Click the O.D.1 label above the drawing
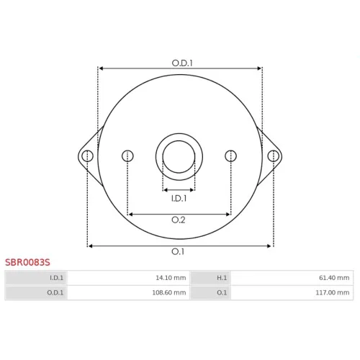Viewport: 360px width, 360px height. pos(182,63)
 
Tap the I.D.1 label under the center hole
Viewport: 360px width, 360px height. pos(179,198)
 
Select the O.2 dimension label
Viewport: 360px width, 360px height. pos(179,220)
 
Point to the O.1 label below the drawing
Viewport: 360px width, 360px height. pos(178,251)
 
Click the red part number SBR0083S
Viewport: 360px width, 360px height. pos(27,262)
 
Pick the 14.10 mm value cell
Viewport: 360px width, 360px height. pos(128,278)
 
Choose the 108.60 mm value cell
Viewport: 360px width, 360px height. pos(128,292)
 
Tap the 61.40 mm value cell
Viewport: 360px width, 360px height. pos(292,278)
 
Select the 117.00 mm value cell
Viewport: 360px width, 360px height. pos(292,292)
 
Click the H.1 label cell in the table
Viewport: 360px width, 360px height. pos(211,278)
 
